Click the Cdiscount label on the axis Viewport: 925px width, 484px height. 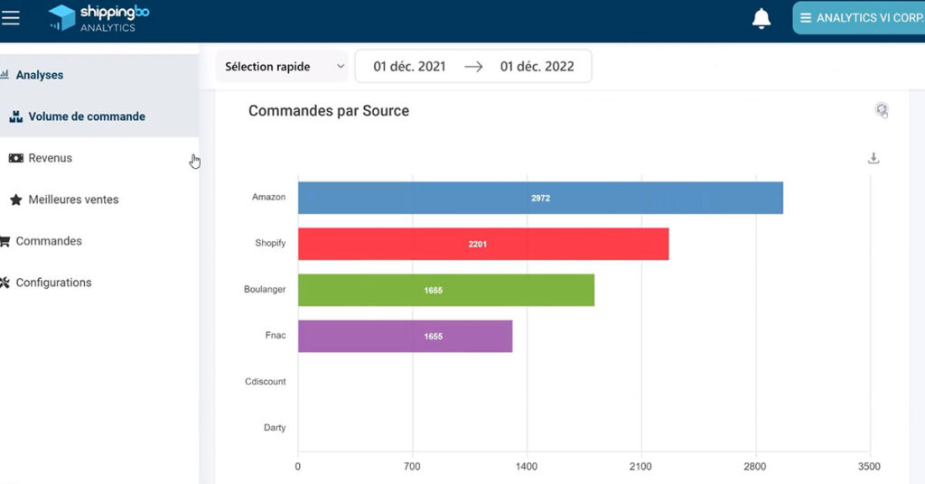pos(266,382)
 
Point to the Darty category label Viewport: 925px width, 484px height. pos(275,428)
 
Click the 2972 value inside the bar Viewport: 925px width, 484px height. pos(540,198)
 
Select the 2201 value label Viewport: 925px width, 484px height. pos(478,244)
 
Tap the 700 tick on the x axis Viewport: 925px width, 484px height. pos(413,467)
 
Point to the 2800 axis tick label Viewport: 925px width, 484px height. pos(755,467)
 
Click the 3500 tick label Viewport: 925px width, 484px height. pos(869,467)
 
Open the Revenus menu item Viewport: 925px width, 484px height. pos(50,158)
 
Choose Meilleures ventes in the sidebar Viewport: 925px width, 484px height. pos(73,200)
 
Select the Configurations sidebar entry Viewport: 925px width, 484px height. pos(53,283)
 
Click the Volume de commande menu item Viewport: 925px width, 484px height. pos(87,116)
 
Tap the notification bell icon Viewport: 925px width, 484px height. pos(761,18)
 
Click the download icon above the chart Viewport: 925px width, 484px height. pos(874,158)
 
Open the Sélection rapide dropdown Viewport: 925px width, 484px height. pos(281,67)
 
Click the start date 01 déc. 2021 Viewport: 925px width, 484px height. pos(409,67)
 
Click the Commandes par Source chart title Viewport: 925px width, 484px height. pos(329,111)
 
